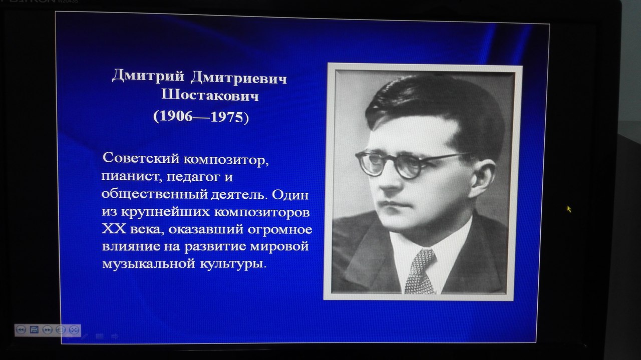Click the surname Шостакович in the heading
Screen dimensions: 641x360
210,95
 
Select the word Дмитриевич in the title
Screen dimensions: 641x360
239,78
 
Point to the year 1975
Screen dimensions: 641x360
227,117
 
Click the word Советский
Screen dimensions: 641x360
141,158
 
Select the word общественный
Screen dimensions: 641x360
155,195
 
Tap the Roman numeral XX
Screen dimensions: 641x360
114,229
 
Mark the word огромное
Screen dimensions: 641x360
280,230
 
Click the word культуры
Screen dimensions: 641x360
233,264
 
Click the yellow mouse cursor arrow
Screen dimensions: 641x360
569,209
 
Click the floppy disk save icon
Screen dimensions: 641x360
34,329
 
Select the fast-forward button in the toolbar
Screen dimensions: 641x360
47,330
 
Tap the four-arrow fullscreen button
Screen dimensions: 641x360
74,330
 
